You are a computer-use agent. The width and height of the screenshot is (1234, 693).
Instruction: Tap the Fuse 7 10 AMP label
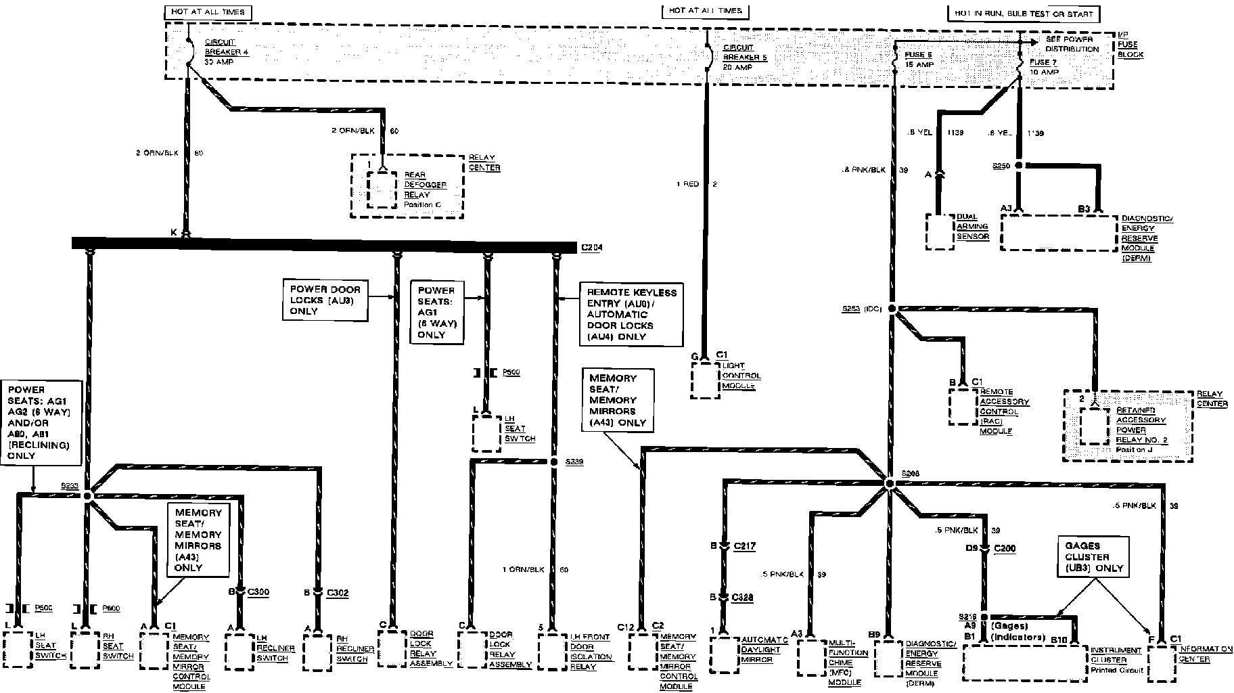[1044, 67]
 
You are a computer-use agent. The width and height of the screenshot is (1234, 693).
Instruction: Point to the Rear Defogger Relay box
[383, 189]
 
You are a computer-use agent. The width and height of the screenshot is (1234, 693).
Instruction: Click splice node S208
[890, 483]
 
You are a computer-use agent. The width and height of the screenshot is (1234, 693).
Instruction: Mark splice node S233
[87, 496]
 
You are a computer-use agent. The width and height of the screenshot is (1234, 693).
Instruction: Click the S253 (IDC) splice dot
[892, 309]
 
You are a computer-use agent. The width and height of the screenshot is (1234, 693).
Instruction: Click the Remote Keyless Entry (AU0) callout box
[631, 314]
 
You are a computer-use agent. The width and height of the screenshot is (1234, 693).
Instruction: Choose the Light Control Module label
[741, 376]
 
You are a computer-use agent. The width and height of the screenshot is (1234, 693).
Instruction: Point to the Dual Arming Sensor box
[939, 231]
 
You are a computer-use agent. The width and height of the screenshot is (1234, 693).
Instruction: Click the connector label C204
[591, 248]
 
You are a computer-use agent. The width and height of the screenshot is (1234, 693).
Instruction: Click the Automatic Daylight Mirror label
[760, 650]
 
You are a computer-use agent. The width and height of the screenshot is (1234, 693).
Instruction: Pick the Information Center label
[1206, 654]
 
